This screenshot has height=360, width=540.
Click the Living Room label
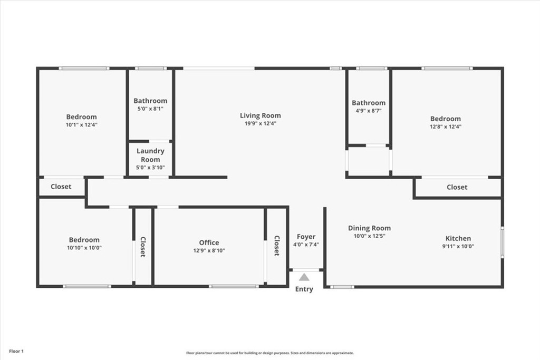coord(260,115)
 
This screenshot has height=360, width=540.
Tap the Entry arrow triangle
coord(304,277)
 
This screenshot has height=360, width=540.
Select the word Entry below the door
coord(304,289)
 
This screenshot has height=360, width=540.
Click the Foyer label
coord(306,237)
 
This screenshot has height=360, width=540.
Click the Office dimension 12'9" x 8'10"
coord(209,251)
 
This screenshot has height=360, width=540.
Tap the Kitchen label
coord(458,238)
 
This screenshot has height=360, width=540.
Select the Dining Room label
coord(369,228)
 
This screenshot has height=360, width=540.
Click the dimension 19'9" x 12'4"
coord(260,123)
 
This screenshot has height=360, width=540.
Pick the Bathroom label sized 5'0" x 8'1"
coord(150,101)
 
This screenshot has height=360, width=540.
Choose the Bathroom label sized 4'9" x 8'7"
coord(369,103)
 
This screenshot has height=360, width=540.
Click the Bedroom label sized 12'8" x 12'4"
coord(445,119)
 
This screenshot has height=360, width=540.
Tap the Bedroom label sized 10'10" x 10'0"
coord(84,240)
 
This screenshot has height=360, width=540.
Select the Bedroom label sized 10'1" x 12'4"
coord(81,116)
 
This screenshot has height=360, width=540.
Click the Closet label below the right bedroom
coord(457,187)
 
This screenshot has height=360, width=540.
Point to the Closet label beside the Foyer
coord(276,246)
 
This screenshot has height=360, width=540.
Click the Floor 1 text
coord(15,351)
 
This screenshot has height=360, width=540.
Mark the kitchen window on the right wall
coord(503,242)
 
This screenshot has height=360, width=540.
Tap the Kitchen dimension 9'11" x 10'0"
coord(458,247)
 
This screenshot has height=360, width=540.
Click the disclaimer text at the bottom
coord(269,353)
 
